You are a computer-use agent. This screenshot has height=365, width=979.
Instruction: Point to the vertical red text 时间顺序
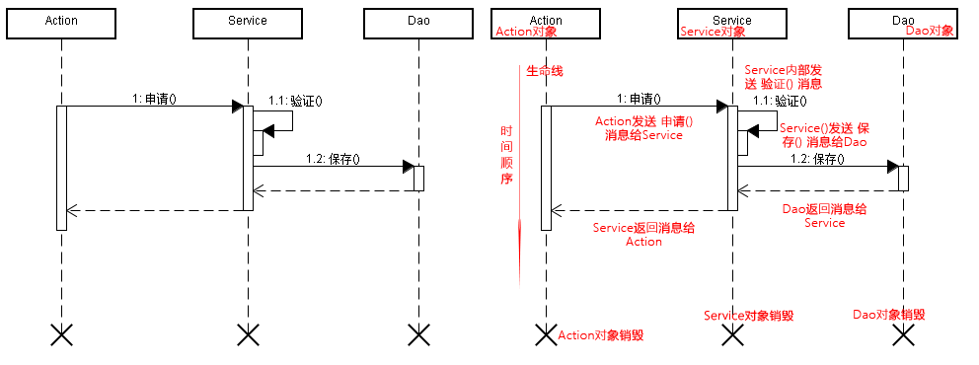click(506, 155)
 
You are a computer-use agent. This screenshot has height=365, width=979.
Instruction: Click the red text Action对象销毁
click(601, 335)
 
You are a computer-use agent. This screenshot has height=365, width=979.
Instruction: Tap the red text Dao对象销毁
click(888, 314)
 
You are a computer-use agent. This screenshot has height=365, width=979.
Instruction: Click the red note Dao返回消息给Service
click(824, 216)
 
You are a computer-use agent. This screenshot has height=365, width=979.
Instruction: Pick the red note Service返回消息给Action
click(643, 234)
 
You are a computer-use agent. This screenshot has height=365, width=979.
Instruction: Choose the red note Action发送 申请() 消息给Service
click(643, 128)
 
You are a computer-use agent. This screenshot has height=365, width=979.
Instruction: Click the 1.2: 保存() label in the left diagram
click(333, 159)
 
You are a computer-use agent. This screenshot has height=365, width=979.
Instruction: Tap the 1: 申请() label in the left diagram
click(154, 99)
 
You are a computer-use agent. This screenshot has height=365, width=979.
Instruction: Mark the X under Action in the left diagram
click(61, 335)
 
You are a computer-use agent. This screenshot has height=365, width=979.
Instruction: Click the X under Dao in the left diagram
click(417, 335)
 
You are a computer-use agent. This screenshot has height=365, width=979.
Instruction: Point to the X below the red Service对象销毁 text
click(731, 335)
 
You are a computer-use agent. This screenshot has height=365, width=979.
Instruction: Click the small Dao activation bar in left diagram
click(418, 179)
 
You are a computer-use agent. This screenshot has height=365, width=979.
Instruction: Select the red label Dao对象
click(929, 31)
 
